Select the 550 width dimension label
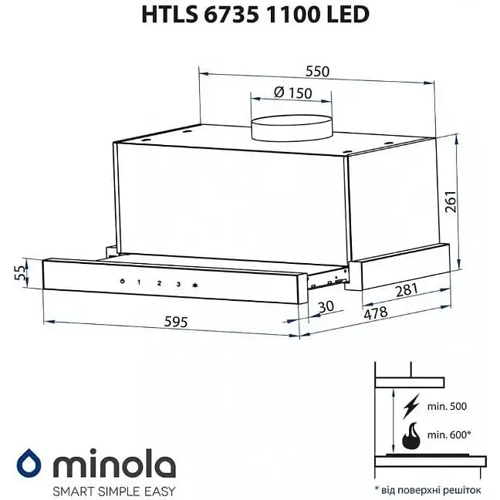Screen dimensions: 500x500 coord(316,71)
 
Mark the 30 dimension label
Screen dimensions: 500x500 coord(327,306)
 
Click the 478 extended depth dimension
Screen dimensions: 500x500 coord(376,314)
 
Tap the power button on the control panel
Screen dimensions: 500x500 coord(122,282)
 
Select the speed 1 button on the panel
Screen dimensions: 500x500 coord(140,282)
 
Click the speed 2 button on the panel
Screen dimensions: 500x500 coord(159,283)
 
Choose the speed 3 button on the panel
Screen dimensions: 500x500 coord(178,285)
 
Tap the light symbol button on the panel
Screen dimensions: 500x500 coord(196,285)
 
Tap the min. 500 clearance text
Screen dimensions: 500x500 coord(449,406)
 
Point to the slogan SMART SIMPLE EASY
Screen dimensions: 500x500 coord(113,490)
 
